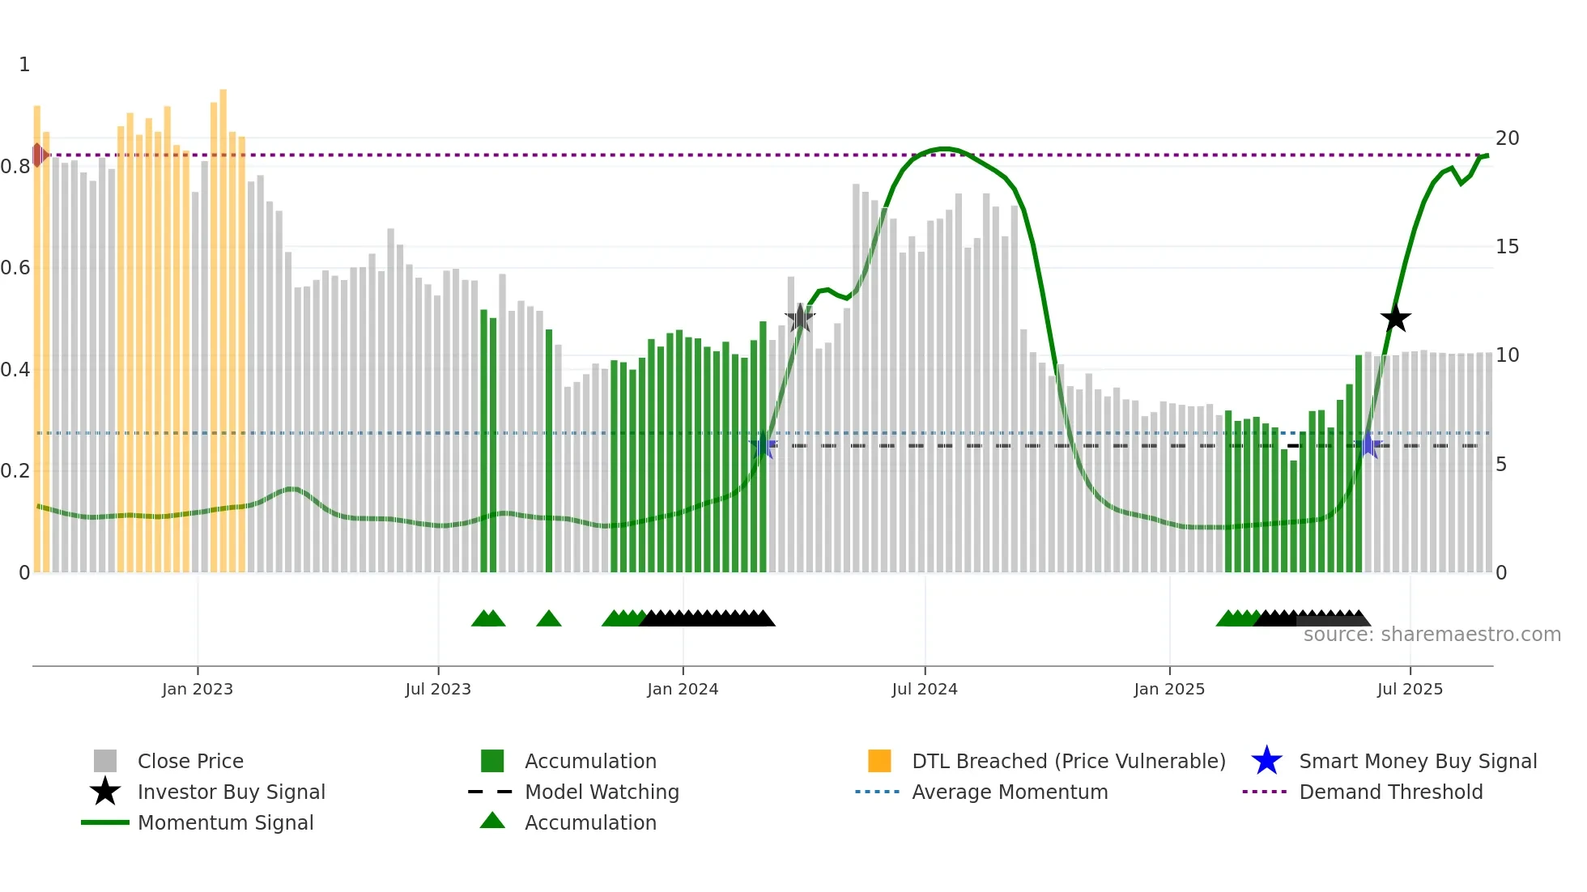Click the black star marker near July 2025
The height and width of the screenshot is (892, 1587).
pos(1395,319)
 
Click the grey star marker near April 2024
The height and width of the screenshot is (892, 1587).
pos(800,318)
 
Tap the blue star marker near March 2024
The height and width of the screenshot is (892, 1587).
pos(763,445)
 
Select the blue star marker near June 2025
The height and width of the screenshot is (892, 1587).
pos(1368,445)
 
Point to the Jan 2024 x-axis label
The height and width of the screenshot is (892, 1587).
pos(683,690)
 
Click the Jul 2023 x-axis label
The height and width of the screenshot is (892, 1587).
pos(438,690)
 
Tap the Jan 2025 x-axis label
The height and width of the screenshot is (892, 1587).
pos(1169,690)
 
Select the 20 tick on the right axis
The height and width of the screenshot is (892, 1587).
pos(1507,138)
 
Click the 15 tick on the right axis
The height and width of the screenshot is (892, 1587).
pos(1507,247)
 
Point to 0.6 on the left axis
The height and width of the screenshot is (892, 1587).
pos(15,268)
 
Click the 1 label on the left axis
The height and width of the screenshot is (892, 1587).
pos(24,65)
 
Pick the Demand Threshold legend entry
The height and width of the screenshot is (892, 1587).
pos(1390,792)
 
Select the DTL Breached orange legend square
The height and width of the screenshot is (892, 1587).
pos(879,761)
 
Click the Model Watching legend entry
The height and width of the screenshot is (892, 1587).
pos(601,792)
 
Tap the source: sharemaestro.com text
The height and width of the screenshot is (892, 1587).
pos(1432,635)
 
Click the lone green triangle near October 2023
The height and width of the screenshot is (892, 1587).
pos(549,619)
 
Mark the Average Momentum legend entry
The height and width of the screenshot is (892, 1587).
pos(1009,792)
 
